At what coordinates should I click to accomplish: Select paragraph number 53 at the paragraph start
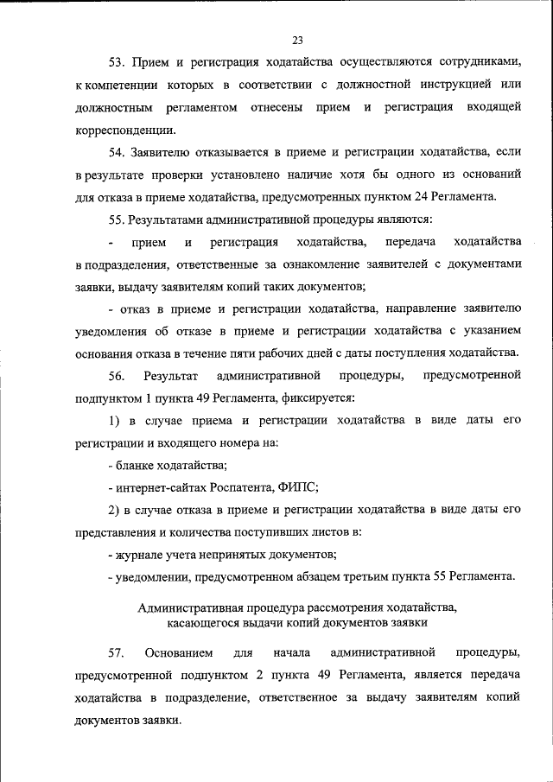[x=117, y=62]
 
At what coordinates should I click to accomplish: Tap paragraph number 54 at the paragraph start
[x=117, y=152]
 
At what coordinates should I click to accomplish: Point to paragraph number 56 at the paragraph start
[x=117, y=376]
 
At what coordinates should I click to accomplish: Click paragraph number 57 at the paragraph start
[x=117, y=652]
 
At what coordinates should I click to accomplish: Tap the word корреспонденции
[x=124, y=130]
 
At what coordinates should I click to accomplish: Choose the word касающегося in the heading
[x=204, y=623]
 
